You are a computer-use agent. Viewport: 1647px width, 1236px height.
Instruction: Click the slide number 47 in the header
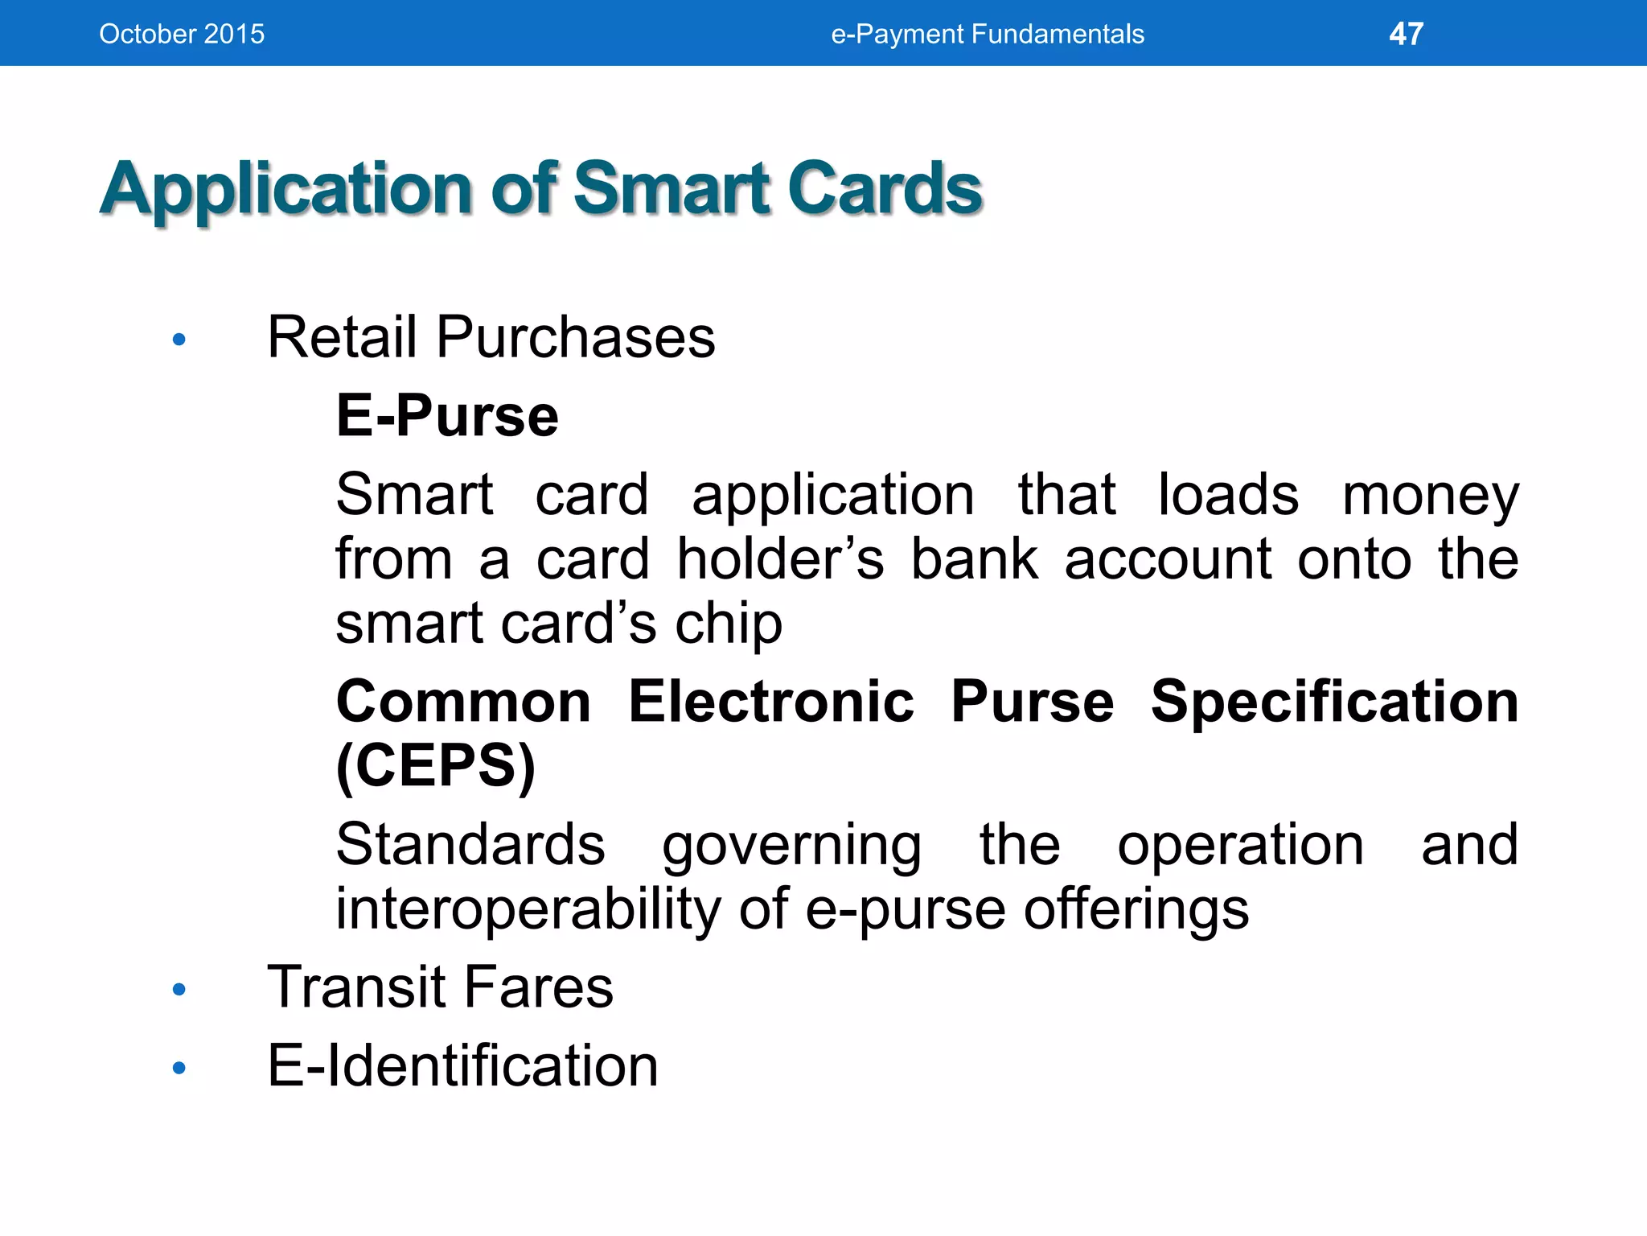pyautogui.click(x=1406, y=34)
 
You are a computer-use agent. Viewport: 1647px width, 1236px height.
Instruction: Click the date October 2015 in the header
pyautogui.click(x=182, y=34)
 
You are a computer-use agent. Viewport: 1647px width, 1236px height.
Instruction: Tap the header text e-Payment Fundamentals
pyautogui.click(x=987, y=34)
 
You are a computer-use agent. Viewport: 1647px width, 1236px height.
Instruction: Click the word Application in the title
pyautogui.click(x=285, y=190)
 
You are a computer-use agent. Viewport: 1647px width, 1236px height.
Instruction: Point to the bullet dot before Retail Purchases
pyautogui.click(x=179, y=340)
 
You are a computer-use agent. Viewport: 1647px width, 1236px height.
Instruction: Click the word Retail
pyautogui.click(x=343, y=337)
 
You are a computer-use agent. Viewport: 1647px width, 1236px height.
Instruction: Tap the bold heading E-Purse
pyautogui.click(x=447, y=416)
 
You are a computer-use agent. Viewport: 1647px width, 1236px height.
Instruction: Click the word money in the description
pyautogui.click(x=1430, y=496)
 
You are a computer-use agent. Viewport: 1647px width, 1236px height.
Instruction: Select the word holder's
pyautogui.click(x=779, y=559)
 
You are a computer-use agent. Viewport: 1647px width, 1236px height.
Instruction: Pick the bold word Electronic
pyautogui.click(x=770, y=702)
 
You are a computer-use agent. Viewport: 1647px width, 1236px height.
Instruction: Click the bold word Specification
pyautogui.click(x=1334, y=702)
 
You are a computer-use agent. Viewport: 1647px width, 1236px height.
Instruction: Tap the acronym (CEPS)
pyautogui.click(x=435, y=766)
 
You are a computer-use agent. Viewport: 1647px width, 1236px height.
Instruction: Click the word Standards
pyautogui.click(x=470, y=845)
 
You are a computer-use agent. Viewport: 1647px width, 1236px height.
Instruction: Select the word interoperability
pyautogui.click(x=528, y=909)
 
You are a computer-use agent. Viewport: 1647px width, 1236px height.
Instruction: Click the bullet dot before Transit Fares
pyautogui.click(x=179, y=990)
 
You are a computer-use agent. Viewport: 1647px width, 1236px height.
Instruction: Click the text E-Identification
pyautogui.click(x=462, y=1066)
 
